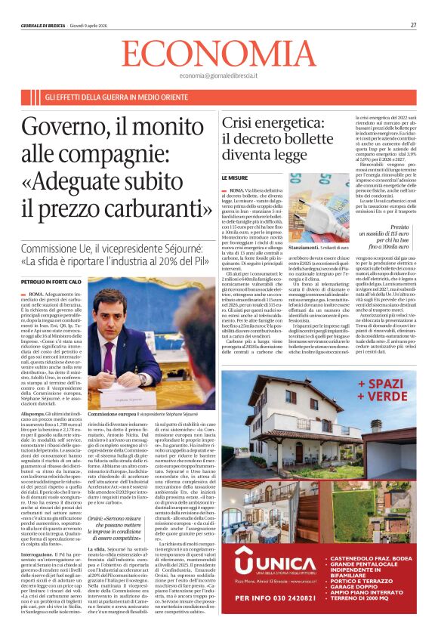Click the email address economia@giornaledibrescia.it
[218, 76]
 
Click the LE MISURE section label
[234, 178]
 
